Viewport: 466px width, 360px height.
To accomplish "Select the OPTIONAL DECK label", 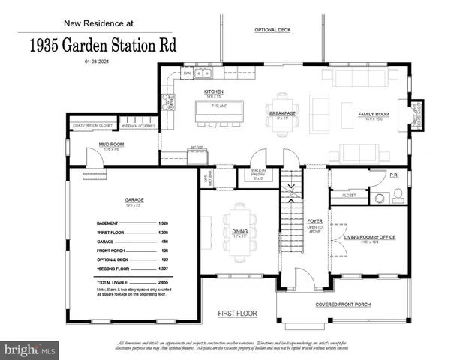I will (x=272, y=30).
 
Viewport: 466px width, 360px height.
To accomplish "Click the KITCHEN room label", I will (x=215, y=91).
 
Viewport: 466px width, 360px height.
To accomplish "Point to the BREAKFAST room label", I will (x=284, y=113).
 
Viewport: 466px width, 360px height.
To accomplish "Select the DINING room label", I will (x=239, y=232).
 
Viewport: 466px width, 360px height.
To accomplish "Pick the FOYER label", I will (x=315, y=220).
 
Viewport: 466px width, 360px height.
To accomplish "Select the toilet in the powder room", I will (x=397, y=196).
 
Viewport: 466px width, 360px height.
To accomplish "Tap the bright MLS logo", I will (x=31, y=349).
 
